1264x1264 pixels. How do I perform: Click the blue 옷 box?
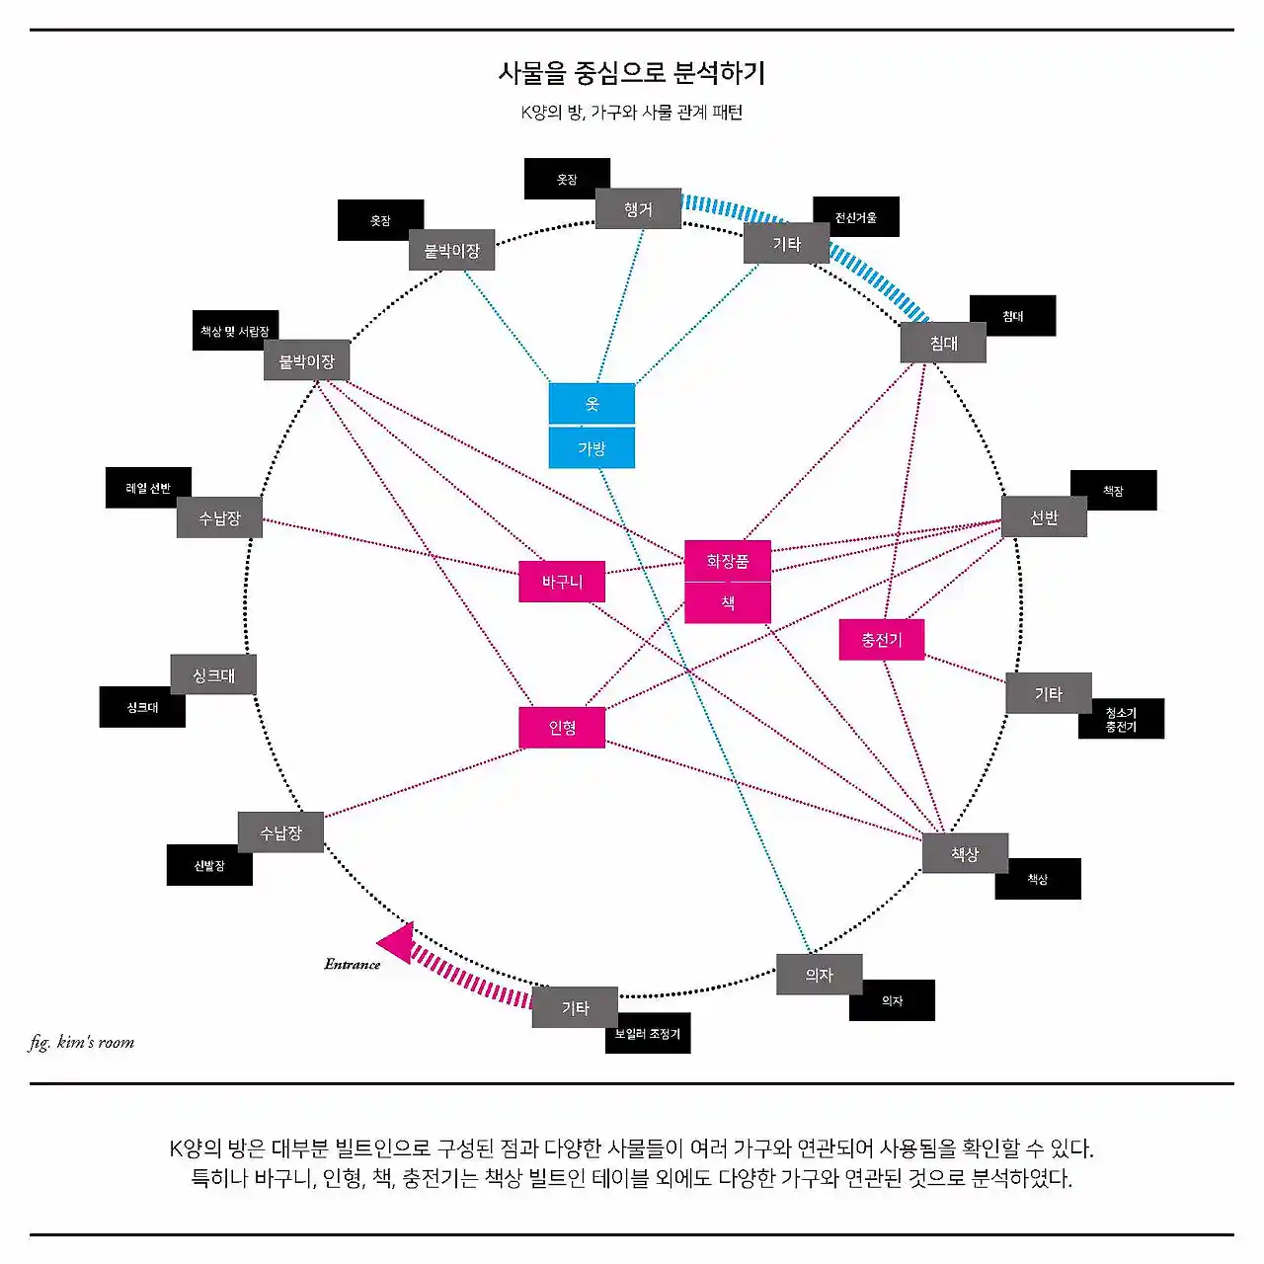592,404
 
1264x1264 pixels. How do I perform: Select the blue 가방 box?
592,448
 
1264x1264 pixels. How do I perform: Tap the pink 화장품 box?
728,561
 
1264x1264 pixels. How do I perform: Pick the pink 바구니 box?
562,582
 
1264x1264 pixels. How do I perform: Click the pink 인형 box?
562,728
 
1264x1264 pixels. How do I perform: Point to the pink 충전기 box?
882,640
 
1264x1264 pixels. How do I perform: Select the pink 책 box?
728,602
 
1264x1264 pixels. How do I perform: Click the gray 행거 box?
638,209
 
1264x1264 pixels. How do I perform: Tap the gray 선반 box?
1044,517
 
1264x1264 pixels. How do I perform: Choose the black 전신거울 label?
856,217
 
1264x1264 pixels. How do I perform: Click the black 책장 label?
1114,491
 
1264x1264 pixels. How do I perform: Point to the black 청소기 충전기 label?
1121,719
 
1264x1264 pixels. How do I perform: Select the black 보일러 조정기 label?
648,1034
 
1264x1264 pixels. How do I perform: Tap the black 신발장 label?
209,866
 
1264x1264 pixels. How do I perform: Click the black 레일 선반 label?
148,488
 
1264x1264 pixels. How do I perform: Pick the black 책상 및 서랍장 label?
235,332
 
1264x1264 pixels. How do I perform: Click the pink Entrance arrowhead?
397,941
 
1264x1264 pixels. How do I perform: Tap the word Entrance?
353,965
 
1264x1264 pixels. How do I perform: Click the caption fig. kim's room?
82,1042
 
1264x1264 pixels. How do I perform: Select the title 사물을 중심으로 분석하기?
632,72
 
